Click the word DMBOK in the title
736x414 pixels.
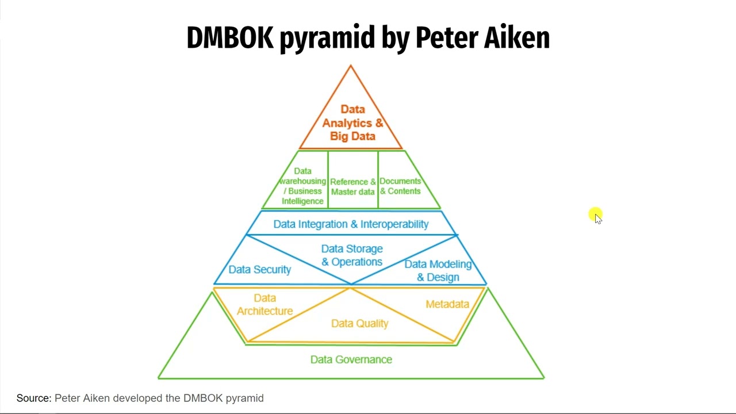point(229,38)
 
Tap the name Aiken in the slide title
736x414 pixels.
point(516,38)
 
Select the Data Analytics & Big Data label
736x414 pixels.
point(352,123)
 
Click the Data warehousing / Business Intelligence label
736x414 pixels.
point(302,186)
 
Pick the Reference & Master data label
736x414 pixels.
point(353,187)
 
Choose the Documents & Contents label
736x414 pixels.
point(400,186)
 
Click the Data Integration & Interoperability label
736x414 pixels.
point(351,224)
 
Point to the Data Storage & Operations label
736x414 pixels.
point(352,255)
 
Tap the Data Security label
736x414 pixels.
point(259,270)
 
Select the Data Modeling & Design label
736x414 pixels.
point(438,271)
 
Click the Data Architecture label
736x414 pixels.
point(265,305)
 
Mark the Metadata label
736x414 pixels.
point(447,304)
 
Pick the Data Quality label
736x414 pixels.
point(359,324)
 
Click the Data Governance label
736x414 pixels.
point(351,360)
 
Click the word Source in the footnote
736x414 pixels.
point(34,398)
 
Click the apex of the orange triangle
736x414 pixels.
point(351,66)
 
